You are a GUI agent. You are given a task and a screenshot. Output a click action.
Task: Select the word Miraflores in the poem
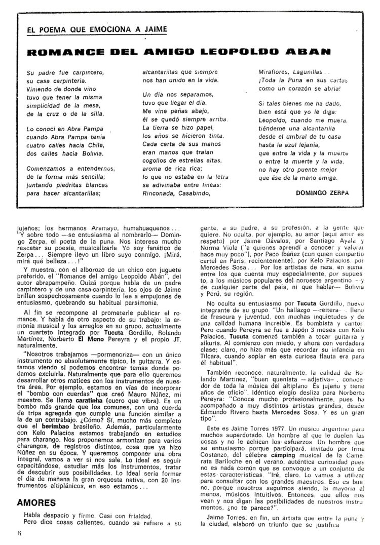coord(276,72)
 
